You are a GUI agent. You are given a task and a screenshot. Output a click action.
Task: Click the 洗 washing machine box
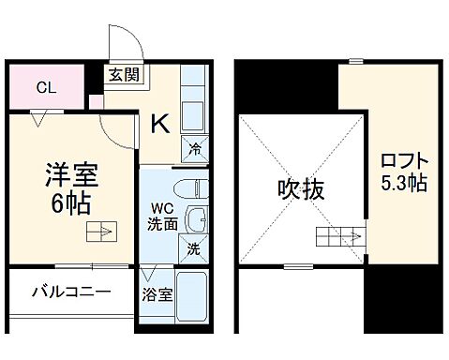coord(191,249)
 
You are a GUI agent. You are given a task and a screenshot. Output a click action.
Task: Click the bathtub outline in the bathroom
coord(192,298)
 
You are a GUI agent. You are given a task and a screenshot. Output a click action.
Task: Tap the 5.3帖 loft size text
coord(406,183)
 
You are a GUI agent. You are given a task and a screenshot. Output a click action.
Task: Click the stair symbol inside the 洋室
coord(100,232)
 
